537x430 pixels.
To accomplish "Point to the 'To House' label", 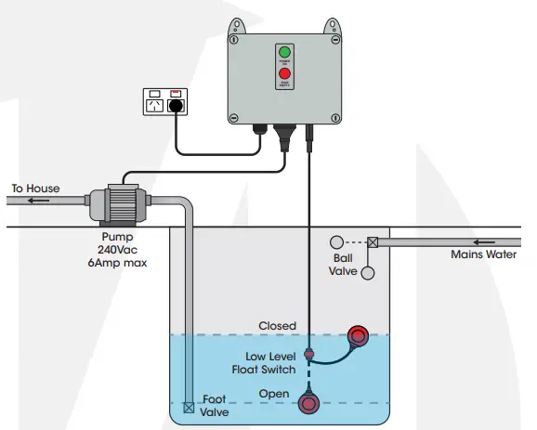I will tap(35, 189).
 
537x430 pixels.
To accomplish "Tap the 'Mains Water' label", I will tap(482, 254).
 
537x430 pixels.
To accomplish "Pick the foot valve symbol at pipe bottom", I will tap(189, 407).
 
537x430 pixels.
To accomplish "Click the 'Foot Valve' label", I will tap(214, 406).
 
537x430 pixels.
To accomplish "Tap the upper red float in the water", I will tap(357, 336).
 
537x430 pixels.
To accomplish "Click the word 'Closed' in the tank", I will tap(278, 326).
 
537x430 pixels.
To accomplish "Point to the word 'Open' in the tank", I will tap(274, 393).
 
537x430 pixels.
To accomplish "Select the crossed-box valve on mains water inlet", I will tap(373, 243).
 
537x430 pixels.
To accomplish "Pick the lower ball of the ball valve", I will tap(369, 273).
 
